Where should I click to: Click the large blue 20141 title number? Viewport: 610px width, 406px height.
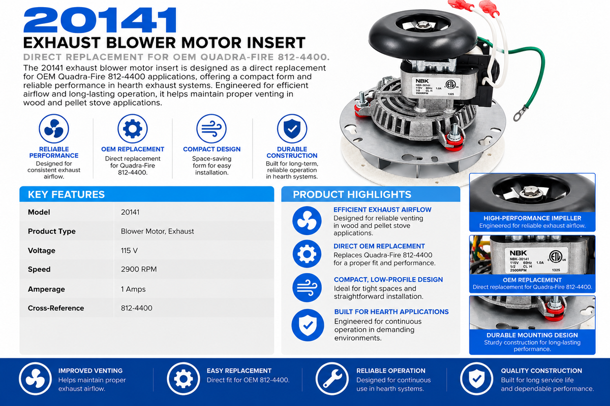pos(100,20)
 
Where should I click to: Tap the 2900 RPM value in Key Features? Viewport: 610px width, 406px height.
pos(139,269)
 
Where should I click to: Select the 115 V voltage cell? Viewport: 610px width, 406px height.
pos(129,251)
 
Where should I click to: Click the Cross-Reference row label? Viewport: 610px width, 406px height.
pos(56,308)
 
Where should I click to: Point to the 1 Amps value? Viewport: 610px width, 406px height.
pos(133,289)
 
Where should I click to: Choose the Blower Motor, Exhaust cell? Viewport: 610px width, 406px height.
pos(158,231)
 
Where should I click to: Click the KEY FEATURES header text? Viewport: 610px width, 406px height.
pos(66,194)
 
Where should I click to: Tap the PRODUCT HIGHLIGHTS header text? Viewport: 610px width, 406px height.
pos(352,194)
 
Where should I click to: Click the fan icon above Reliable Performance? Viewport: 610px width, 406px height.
pos(54,128)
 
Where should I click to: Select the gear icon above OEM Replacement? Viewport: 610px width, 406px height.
pos(133,128)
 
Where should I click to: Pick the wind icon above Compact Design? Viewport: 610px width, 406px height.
pos(211,128)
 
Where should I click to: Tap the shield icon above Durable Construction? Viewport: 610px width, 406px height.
pos(292,128)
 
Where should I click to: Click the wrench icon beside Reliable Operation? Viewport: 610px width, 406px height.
pos(332,379)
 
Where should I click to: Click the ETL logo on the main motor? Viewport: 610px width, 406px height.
pos(451,84)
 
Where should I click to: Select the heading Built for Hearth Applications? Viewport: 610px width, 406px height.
pos(391,312)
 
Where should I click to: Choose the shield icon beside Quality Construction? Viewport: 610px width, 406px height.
pos(477,379)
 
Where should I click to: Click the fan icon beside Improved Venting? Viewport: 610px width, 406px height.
pos(36,379)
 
